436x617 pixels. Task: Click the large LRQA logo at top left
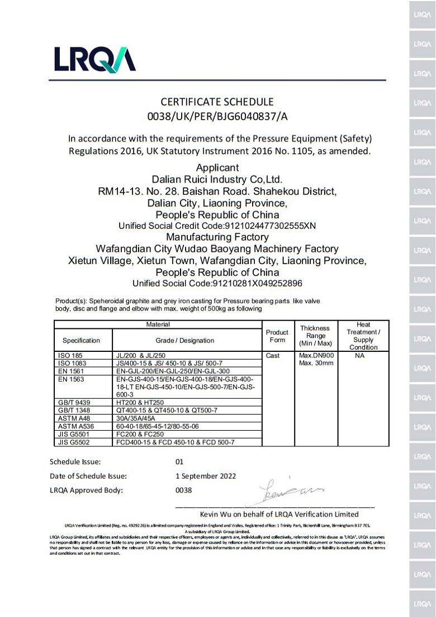pyautogui.click(x=94, y=59)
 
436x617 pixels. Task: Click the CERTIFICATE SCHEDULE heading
pyautogui.click(x=217, y=102)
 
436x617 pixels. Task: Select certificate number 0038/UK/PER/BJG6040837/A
pyautogui.click(x=217, y=116)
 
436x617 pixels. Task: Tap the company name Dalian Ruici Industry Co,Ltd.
pyautogui.click(x=217, y=179)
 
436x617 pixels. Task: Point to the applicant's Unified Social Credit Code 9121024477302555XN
pyautogui.click(x=217, y=226)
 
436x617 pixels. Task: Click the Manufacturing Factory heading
pyautogui.click(x=217, y=237)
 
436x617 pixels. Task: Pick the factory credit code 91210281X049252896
pyautogui.click(x=217, y=284)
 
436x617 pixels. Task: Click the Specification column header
pyautogui.click(x=82, y=340)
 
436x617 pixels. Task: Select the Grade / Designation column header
pyautogui.click(x=184, y=340)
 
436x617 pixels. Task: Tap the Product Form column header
pyautogui.click(x=277, y=336)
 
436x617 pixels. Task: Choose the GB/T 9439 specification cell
pyautogui.click(x=73, y=402)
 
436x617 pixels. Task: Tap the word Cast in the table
pyautogui.click(x=273, y=355)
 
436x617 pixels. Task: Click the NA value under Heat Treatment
pyautogui.click(x=359, y=355)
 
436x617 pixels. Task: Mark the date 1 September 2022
pyautogui.click(x=206, y=476)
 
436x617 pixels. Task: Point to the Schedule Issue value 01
pyautogui.click(x=179, y=462)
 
